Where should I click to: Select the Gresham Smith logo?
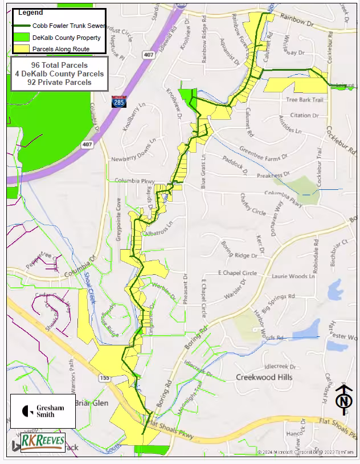tap(43, 410)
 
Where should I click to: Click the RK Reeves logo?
tap(43, 442)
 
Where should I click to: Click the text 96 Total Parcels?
tap(59, 66)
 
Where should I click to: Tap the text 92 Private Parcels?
tap(59, 82)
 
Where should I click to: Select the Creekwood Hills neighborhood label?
tap(264, 377)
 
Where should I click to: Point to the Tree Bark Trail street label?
tap(304, 100)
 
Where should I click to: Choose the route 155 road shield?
tap(104, 378)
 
